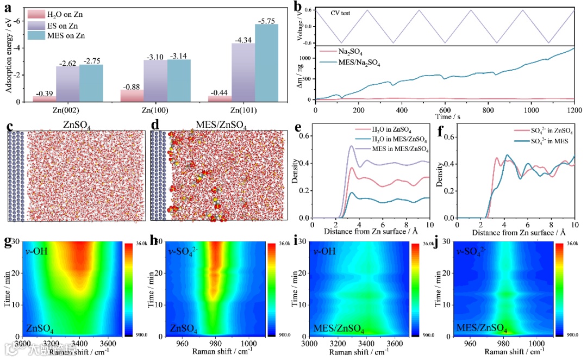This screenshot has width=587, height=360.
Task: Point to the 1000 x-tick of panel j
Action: [544, 343]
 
